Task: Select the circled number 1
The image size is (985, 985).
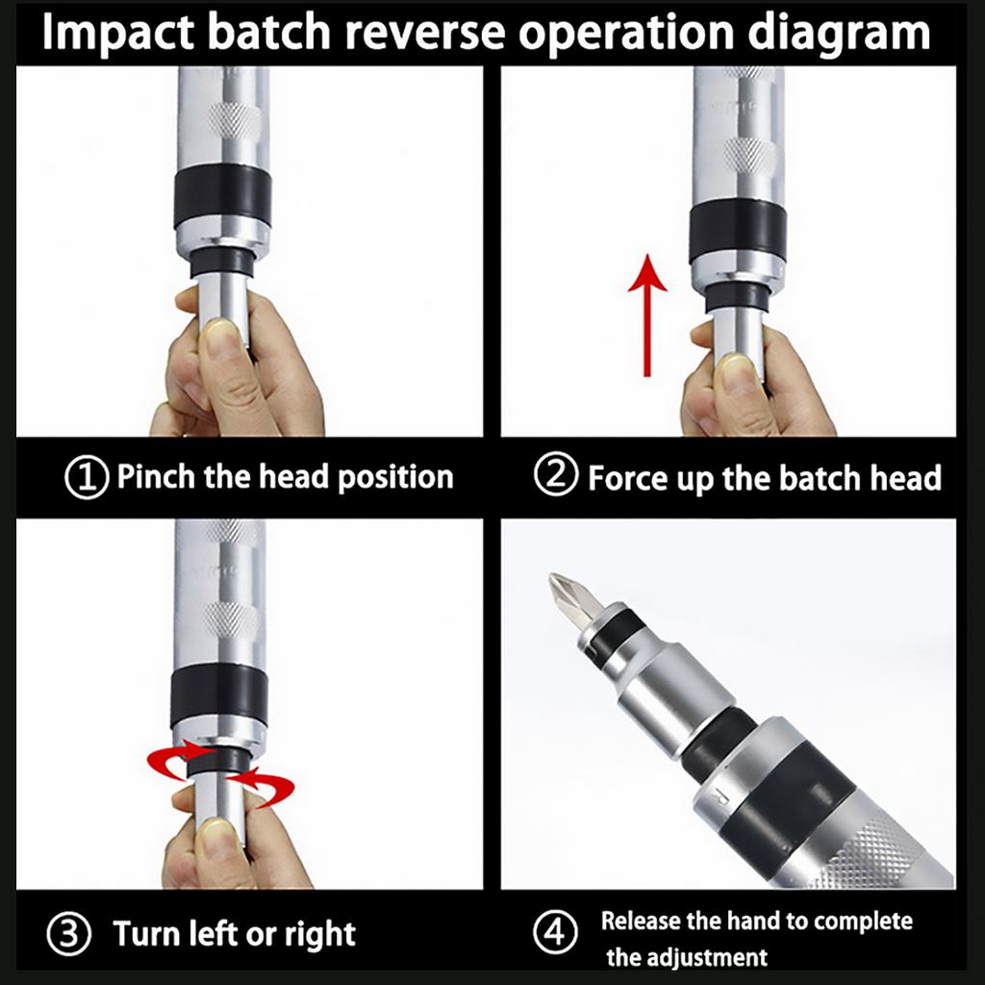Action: (86, 478)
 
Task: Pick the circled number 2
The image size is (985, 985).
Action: (555, 477)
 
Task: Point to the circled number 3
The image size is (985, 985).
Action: (69, 934)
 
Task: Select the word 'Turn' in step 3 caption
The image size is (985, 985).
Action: (147, 934)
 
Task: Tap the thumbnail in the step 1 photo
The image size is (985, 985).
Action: (220, 340)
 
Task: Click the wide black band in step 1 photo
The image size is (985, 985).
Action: (222, 195)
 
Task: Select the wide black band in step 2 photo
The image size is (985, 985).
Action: (738, 231)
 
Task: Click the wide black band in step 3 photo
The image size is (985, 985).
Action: (219, 695)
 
